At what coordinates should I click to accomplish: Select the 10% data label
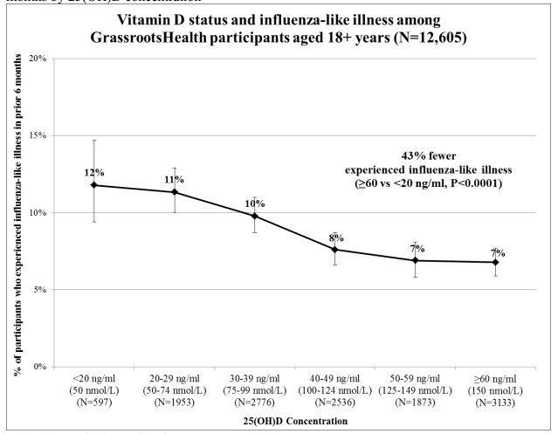[x=255, y=203]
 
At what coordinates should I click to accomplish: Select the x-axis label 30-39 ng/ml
[x=254, y=381]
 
